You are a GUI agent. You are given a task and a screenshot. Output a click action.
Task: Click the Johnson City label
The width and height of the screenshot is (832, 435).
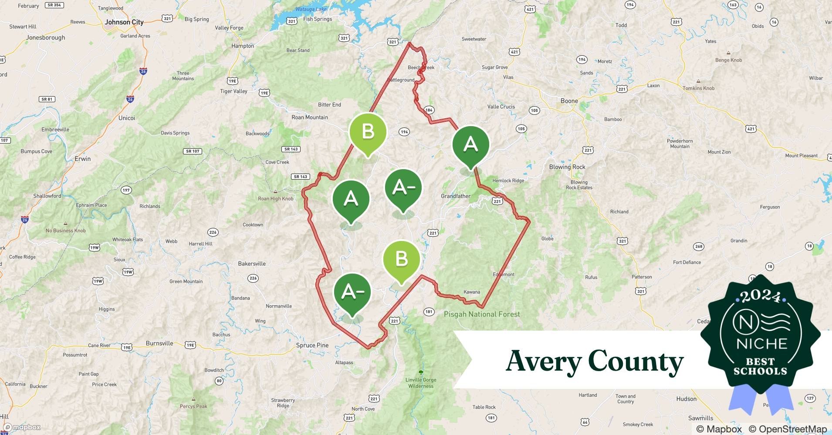[x=124, y=22]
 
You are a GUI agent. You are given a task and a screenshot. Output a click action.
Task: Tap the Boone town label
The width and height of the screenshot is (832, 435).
[x=569, y=101]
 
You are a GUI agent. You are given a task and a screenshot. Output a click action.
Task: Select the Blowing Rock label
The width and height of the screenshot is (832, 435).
[x=567, y=167]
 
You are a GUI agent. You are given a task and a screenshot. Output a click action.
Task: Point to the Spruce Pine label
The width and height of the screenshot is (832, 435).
[x=312, y=345]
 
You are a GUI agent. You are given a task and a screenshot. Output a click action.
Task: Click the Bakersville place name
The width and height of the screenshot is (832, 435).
[x=252, y=264]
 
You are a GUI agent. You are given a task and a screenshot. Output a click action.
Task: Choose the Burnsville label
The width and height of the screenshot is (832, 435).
[x=159, y=343]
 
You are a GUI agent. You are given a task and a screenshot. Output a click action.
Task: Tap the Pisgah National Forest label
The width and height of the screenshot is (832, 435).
[x=482, y=314]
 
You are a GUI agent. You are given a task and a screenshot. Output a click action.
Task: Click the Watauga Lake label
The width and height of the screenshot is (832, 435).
[x=311, y=9]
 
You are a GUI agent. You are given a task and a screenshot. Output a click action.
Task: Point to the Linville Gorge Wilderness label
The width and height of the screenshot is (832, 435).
[x=421, y=383]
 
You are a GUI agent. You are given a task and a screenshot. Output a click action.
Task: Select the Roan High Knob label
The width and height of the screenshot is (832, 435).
[x=276, y=199]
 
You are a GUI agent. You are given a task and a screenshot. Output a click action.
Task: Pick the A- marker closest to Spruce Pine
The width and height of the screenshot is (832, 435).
[x=352, y=292]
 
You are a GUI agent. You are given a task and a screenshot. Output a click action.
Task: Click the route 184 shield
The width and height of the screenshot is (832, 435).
[x=429, y=110]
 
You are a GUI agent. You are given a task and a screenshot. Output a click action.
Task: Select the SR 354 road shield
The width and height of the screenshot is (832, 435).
[x=54, y=5]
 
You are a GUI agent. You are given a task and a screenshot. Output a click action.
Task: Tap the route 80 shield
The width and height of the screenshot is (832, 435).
[x=219, y=381]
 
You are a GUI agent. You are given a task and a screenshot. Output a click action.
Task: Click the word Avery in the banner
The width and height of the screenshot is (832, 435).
[x=543, y=361]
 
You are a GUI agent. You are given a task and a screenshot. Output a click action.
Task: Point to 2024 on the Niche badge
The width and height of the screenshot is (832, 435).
[x=761, y=296]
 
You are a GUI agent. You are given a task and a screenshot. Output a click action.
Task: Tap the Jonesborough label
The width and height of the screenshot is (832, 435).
[x=46, y=38]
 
